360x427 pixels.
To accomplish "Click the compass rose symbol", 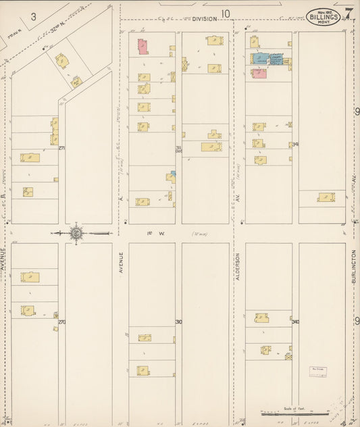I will tap(76, 233).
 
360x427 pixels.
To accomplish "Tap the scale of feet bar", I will tap(288, 413).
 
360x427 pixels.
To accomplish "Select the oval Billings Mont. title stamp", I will tap(323, 16).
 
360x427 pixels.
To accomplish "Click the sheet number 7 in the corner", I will tap(349, 13).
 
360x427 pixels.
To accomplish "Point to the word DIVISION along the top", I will tap(202, 20).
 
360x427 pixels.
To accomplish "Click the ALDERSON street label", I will tap(238, 268).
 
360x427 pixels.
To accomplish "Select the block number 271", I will tap(61, 148).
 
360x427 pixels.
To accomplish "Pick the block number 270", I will tap(61, 322).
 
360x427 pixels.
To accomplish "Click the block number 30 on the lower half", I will tap(178, 322).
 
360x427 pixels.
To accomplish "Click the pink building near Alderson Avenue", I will tap(259, 73).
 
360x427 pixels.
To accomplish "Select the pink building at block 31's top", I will tap(143, 47).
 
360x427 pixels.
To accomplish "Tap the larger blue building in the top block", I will tap(259, 59).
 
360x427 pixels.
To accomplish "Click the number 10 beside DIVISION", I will tap(225, 14).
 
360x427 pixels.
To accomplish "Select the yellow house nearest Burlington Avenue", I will tap(327, 197).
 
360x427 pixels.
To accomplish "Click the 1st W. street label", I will tap(152, 233).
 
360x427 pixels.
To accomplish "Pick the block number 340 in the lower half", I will tap(295, 322).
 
